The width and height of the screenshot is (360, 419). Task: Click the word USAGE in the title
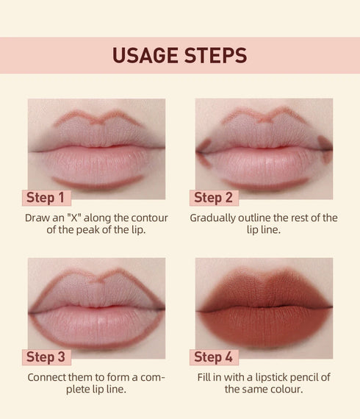pos(145,56)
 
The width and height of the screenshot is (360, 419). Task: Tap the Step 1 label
pos(46,197)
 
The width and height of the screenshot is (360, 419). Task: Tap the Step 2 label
pos(213,197)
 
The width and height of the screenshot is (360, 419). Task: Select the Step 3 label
pos(46,357)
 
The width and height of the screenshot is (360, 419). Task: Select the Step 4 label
pos(213,357)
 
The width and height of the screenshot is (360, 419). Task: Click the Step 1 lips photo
pos(96,147)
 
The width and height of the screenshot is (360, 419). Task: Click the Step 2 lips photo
pos(264,147)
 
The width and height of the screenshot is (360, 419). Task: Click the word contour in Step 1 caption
pos(148,218)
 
